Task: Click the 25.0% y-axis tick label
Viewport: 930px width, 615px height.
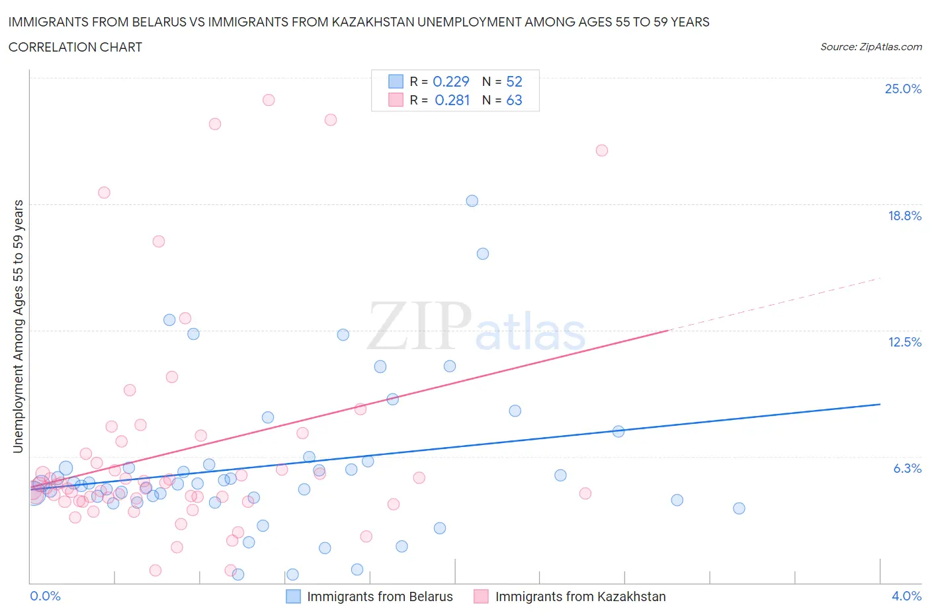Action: click(903, 89)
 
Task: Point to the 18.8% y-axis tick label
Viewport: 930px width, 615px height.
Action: click(904, 216)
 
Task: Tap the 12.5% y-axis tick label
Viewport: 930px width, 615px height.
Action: click(904, 342)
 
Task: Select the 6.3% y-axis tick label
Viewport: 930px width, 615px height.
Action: click(907, 468)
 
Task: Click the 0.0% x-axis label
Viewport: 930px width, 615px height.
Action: click(45, 596)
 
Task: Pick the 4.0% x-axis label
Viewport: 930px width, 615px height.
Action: click(906, 596)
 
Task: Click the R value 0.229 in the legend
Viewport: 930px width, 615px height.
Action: click(450, 81)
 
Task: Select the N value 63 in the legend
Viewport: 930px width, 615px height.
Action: click(514, 100)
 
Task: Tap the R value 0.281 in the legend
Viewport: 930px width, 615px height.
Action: click(452, 100)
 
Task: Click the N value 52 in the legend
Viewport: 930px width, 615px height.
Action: click(514, 81)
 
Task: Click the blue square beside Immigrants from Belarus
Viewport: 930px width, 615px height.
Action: click(293, 596)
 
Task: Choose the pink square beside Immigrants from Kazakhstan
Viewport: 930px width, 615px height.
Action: click(481, 596)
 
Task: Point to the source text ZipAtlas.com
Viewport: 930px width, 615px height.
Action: click(870, 47)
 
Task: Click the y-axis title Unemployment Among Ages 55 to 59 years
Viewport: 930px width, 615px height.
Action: click(18, 326)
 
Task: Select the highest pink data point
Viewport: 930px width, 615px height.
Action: click(269, 100)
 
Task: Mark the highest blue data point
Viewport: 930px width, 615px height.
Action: click(472, 201)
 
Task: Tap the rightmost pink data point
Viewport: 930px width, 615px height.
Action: click(602, 150)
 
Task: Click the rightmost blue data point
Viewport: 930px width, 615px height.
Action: click(739, 509)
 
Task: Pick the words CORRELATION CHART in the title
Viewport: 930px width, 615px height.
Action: click(75, 47)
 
